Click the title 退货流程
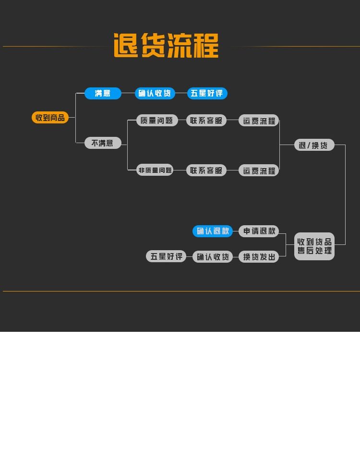pyautogui.click(x=166, y=46)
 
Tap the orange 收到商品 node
pyautogui.click(x=50, y=118)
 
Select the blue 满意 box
pyautogui.click(x=103, y=93)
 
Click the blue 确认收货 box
pyautogui.click(x=155, y=93)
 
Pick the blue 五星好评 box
pyautogui.click(x=207, y=93)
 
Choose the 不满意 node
pyautogui.click(x=103, y=143)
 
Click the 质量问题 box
pyautogui.click(x=157, y=121)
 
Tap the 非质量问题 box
pyautogui.click(x=155, y=170)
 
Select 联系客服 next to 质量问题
pyautogui.click(x=206, y=121)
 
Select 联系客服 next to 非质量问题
pyautogui.click(x=206, y=170)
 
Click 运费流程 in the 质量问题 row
pyautogui.click(x=259, y=121)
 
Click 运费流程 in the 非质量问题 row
pyautogui.click(x=259, y=170)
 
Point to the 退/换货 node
pyautogui.click(x=314, y=145)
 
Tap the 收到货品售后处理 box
pyautogui.click(x=314, y=246)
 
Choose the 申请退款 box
pyautogui.click(x=259, y=231)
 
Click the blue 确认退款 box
pyautogui.click(x=213, y=231)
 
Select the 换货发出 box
pyautogui.click(x=259, y=257)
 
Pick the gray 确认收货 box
pyautogui.click(x=213, y=257)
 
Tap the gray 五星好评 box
pyautogui.click(x=166, y=256)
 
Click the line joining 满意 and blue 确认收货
pyautogui.click(x=128, y=93)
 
